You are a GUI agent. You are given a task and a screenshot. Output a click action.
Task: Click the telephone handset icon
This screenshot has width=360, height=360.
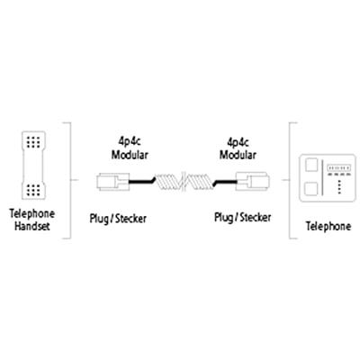[x=33, y=166]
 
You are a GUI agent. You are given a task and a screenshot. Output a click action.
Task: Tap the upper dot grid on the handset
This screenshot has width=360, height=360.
[x=33, y=142]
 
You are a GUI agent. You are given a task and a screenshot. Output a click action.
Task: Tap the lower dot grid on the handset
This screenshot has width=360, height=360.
[x=33, y=190]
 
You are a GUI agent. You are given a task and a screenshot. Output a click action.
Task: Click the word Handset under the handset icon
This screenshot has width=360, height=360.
[x=32, y=226]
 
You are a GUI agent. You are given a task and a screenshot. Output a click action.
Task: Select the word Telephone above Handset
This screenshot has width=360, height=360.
[x=32, y=213]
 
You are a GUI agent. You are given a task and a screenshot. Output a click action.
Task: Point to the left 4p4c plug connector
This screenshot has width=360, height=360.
[x=112, y=182]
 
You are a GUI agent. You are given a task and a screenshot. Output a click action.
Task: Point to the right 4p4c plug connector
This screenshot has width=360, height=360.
[x=253, y=181]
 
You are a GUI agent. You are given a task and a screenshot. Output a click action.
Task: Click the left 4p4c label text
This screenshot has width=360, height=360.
[x=129, y=141]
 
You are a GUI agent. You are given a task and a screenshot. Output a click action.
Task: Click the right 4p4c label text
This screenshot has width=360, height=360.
[x=238, y=141]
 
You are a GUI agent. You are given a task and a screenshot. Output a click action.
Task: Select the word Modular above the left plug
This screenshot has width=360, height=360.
[x=130, y=155]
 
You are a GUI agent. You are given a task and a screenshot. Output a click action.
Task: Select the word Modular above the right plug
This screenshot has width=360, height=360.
[x=238, y=155]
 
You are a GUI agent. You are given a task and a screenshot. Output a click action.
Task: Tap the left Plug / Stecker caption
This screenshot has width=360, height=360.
[x=118, y=219]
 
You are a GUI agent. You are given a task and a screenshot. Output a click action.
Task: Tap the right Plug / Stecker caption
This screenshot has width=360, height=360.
[x=242, y=217]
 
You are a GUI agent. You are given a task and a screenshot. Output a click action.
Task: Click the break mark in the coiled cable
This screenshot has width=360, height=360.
[x=184, y=182]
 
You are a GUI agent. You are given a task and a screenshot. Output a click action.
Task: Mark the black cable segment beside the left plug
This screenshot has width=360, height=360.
[x=142, y=181]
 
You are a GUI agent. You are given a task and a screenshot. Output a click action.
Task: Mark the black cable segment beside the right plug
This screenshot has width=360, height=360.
[x=225, y=181]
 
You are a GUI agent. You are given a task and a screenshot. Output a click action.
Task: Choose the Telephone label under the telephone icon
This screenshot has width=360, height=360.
[x=328, y=226]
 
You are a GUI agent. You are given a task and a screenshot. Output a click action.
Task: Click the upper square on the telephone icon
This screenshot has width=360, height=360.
[x=311, y=165]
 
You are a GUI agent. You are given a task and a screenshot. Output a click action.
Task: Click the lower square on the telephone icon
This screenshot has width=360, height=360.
[x=311, y=189]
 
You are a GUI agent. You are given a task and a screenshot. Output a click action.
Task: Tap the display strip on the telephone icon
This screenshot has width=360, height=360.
[x=339, y=167]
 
